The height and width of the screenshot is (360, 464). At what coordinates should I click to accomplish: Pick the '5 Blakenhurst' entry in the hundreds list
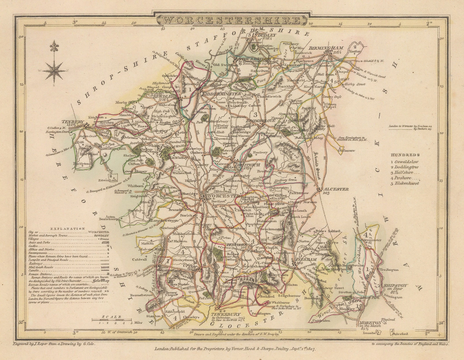point(405,183)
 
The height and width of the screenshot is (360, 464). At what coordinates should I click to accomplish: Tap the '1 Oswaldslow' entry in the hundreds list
point(405,162)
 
